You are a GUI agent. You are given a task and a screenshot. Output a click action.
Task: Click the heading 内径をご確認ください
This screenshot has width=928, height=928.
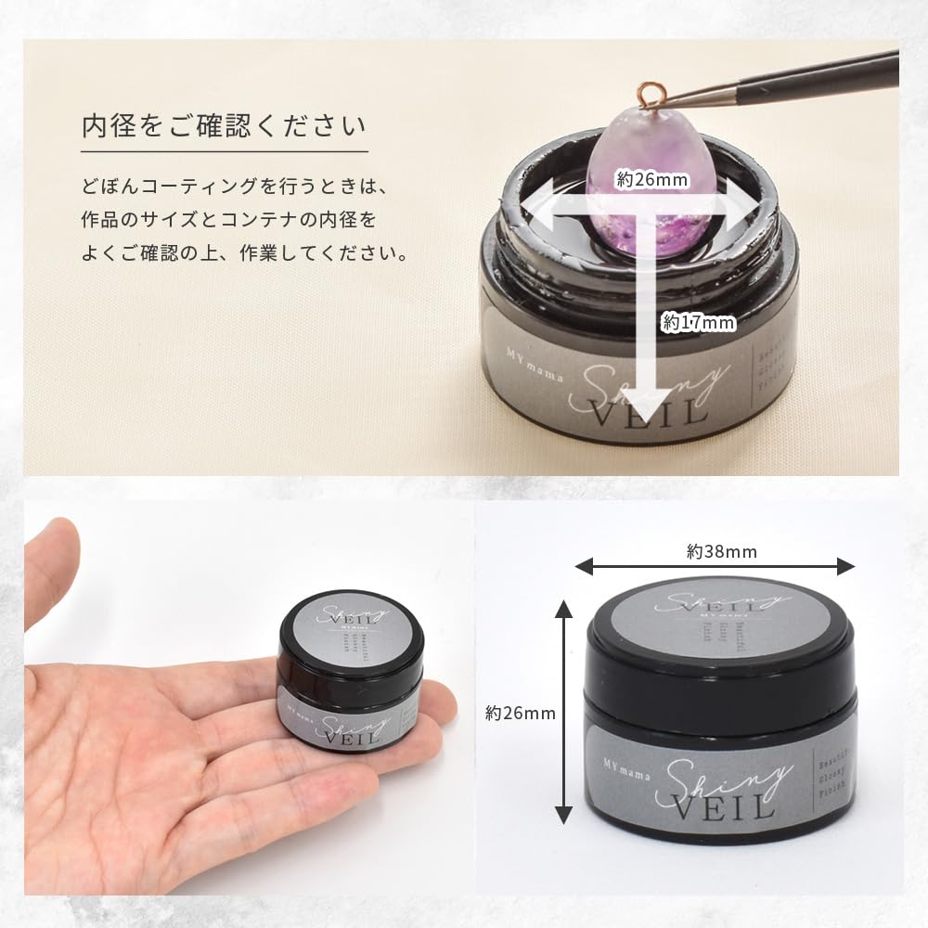[224, 125]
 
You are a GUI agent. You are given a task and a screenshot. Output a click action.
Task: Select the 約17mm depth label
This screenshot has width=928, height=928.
[699, 323]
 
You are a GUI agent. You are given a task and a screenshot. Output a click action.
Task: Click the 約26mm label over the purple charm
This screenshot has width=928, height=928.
[651, 179]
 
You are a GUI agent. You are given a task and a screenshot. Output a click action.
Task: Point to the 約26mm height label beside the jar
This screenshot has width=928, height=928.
[521, 713]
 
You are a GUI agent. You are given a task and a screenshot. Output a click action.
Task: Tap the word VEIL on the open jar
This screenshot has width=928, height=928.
[662, 409]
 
